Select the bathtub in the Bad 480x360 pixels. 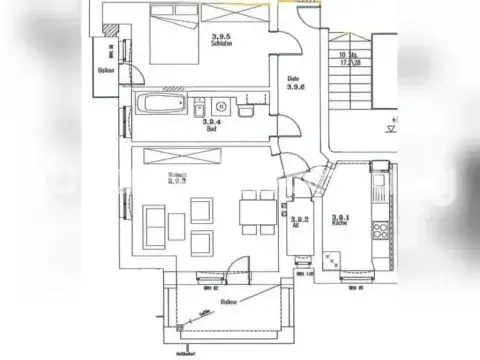160,103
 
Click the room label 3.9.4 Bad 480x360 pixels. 212,126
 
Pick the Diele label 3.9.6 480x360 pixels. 296,84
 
